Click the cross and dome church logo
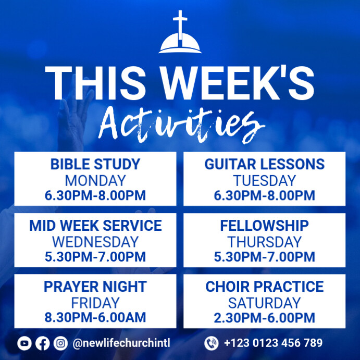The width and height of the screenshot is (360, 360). [x=180, y=33]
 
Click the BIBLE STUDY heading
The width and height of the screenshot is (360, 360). [x=95, y=165]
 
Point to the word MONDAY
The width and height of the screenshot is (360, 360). [x=95, y=181]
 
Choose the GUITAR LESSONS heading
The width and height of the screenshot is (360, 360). [x=264, y=165]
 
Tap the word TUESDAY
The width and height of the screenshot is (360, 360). [x=264, y=181]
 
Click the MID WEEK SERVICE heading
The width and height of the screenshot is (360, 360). [x=95, y=226]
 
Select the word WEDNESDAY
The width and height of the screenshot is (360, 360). [x=95, y=242]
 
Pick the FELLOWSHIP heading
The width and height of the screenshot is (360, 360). [x=264, y=226]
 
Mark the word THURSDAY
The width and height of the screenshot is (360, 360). [x=264, y=242]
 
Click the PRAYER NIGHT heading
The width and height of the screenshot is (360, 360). [x=95, y=287]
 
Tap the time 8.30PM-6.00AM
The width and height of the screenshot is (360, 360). [x=95, y=317]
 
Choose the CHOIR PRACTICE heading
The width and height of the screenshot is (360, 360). [x=264, y=287]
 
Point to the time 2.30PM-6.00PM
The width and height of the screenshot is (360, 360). [x=264, y=317]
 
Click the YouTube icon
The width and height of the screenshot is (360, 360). [x=24, y=343]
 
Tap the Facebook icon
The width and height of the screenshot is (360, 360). [x=43, y=343]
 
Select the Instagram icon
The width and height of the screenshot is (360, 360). [x=60, y=343]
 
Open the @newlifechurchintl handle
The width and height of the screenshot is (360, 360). [x=121, y=343]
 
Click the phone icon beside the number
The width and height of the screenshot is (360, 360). [x=211, y=343]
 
